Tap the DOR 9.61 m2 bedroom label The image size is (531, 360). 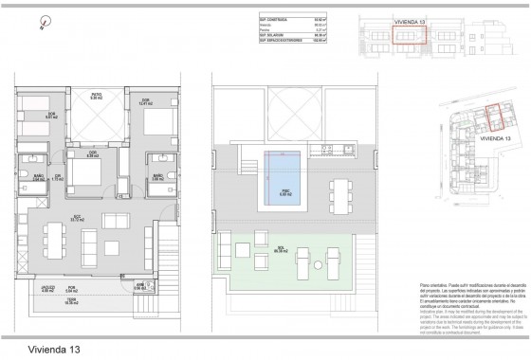click(51, 117)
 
